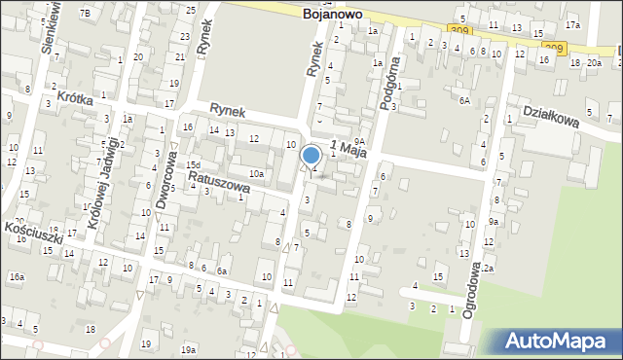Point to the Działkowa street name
click(x=551, y=116)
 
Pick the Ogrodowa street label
click(x=471, y=271)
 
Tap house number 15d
click(x=194, y=165)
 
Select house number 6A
click(x=464, y=100)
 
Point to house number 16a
click(x=17, y=277)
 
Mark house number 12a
click(x=488, y=268)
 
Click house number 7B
click(x=85, y=13)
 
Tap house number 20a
click(x=593, y=63)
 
